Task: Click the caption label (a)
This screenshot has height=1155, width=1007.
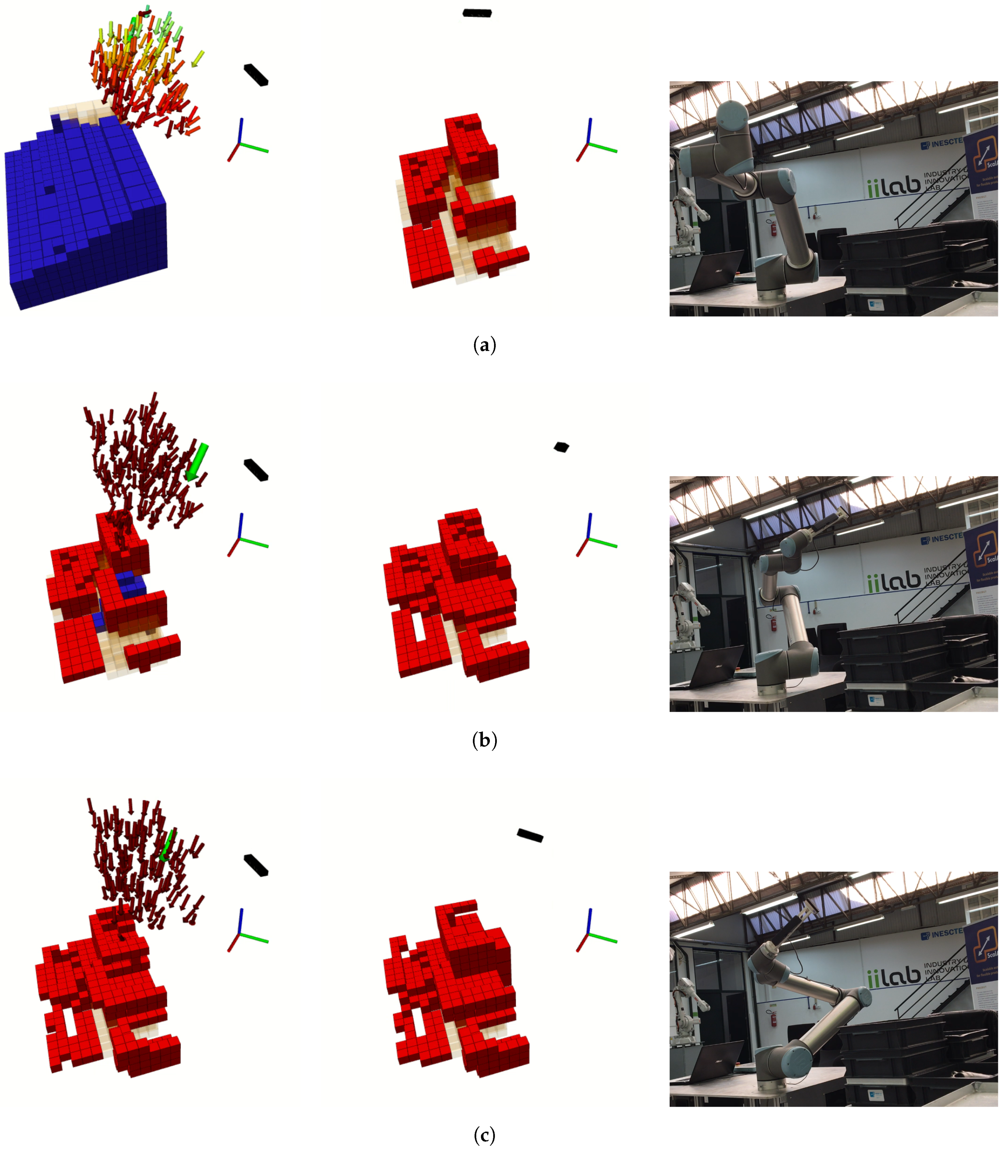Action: point(484,344)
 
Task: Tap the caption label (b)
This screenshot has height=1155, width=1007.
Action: point(484,740)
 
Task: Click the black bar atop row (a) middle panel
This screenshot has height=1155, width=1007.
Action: point(477,13)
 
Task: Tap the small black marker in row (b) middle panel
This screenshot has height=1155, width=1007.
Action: point(561,447)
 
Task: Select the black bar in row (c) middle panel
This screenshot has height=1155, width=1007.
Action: point(530,835)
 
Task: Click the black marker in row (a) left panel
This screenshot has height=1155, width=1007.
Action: point(256,75)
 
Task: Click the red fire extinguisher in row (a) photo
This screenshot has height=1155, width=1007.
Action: point(773,229)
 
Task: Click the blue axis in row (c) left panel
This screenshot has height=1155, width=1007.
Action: point(240,921)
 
